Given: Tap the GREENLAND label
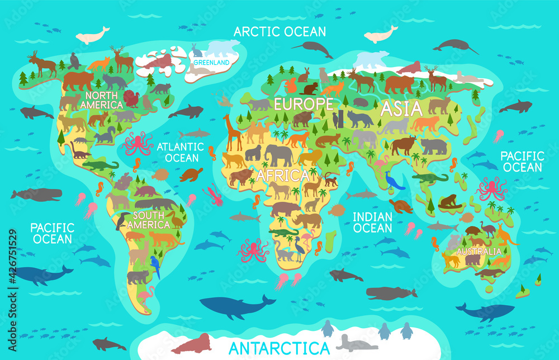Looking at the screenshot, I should [212, 63].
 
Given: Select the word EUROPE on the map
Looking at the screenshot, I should [303, 104].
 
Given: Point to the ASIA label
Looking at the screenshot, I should [401, 109].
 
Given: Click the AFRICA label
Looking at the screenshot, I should [282, 175].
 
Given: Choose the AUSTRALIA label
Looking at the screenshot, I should [479, 252].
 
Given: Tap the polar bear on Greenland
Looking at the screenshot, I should [224, 48].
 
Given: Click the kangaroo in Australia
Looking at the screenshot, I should [506, 235].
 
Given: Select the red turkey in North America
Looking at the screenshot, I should [132, 99].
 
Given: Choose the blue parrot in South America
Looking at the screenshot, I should [155, 267].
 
